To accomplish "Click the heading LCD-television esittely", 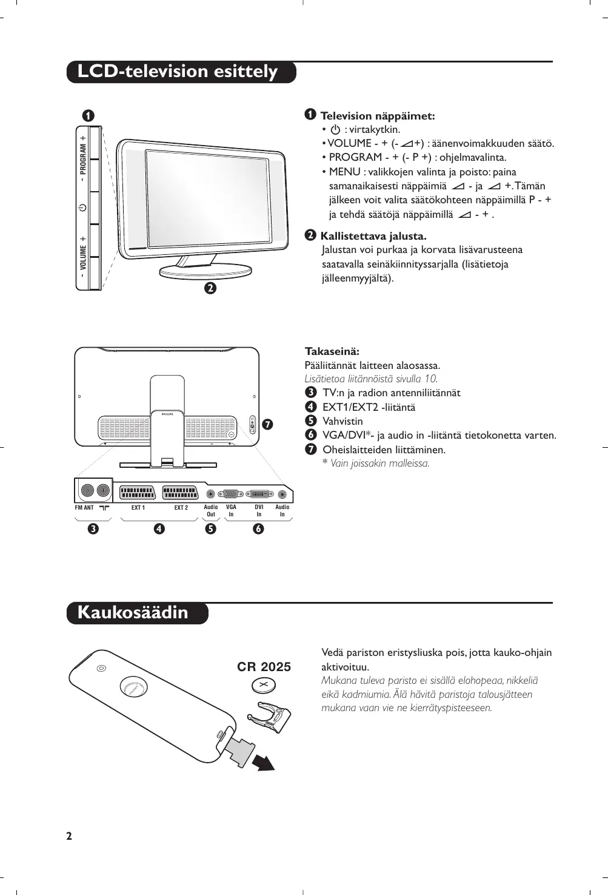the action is click(x=178, y=72).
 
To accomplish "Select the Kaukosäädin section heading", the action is click(x=133, y=612).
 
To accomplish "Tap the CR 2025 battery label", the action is click(x=264, y=667).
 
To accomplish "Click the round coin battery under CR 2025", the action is click(x=264, y=686).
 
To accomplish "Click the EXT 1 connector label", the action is click(x=138, y=508).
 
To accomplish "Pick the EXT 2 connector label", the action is click(x=181, y=508).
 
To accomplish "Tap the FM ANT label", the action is click(x=84, y=508).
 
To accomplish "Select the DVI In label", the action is click(x=259, y=511).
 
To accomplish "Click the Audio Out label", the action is click(x=211, y=511).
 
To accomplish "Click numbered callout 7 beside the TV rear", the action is click(x=267, y=424).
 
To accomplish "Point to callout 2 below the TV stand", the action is click(x=210, y=288).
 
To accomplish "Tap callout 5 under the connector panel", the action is click(x=210, y=529).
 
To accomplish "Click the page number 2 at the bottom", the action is click(x=69, y=836).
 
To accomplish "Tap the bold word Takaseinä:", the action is click(x=332, y=351).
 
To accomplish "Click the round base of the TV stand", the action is click(x=205, y=271).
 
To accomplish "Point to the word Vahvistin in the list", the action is click(x=342, y=421).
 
